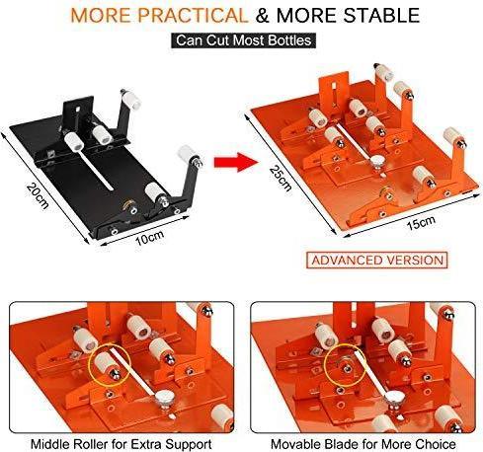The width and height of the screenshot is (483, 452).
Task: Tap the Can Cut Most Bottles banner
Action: pos(240,41)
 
